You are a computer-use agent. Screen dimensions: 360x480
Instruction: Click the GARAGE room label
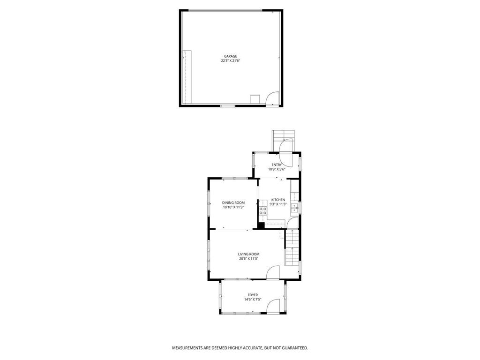[x=230, y=56]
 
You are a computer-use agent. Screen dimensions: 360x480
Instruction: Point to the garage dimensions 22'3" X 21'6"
[x=230, y=60]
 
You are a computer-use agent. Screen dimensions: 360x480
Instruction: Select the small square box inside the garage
[x=255, y=100]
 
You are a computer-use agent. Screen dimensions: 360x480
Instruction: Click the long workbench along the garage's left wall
[x=187, y=77]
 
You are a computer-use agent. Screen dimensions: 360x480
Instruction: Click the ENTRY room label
[x=277, y=165]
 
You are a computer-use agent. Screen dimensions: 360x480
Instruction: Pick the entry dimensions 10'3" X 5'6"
[x=277, y=169]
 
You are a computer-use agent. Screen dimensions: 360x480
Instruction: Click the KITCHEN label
[x=278, y=200]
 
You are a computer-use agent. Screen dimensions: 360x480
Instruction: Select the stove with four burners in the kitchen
[x=263, y=211]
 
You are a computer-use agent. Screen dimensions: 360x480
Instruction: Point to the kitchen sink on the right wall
[x=295, y=207]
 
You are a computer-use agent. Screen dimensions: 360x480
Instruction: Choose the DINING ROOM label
[x=233, y=202]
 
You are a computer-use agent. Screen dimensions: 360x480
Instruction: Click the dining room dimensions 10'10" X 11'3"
[x=233, y=207]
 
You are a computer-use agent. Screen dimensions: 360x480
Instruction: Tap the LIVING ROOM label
[x=248, y=254]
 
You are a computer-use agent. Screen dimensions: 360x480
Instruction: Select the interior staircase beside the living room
[x=292, y=253]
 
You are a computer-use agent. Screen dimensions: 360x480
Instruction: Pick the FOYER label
[x=253, y=295]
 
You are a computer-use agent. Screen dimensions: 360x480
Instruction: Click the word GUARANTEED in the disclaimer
[x=294, y=348]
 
